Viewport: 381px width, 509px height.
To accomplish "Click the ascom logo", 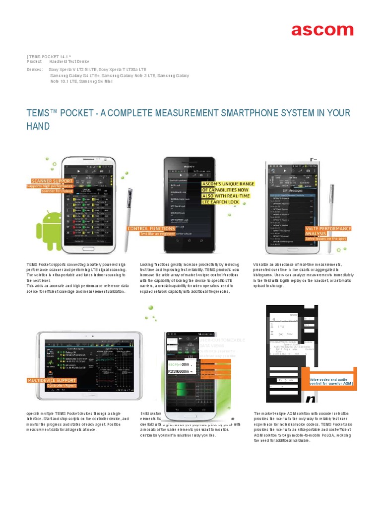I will click(x=322, y=30).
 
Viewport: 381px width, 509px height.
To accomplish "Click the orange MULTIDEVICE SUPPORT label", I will click(x=52, y=380).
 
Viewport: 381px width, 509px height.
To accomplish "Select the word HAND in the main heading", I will click(x=38, y=127).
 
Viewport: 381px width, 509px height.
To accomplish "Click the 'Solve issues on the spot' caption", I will click(x=325, y=239).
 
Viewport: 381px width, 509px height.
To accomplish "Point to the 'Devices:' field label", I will click(x=35, y=70).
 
